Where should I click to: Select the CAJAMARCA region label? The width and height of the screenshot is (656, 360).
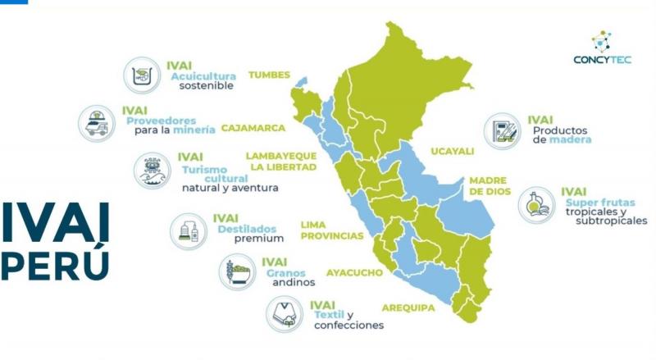click(253, 128)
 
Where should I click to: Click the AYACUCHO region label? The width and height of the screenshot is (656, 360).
click(354, 271)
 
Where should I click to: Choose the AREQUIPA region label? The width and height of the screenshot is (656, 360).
click(408, 308)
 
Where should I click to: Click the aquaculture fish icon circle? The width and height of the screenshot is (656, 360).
click(142, 76)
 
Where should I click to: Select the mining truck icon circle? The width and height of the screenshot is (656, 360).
click(97, 123)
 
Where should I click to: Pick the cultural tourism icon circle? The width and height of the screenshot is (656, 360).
click(153, 170)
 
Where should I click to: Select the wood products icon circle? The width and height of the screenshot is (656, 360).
click(502, 131)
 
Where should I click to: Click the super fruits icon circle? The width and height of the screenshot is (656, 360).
click(535, 205)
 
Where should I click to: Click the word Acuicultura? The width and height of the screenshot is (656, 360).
click(203, 75)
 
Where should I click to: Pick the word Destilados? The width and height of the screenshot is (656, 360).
click(247, 229)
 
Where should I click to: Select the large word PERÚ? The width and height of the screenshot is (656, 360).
click(54, 264)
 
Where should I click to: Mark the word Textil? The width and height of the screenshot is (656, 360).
click(327, 315)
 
